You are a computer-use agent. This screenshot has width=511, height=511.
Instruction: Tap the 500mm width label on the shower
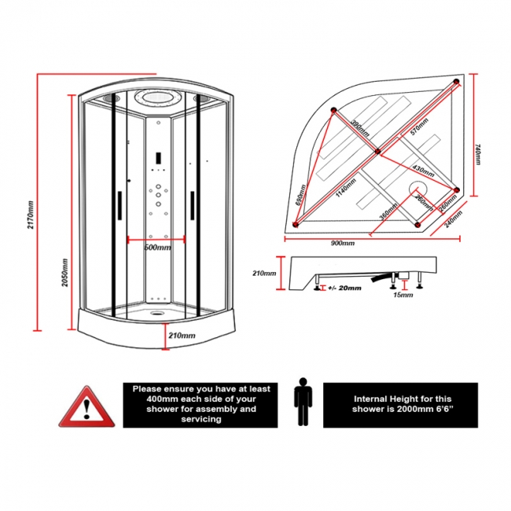pos(156,248)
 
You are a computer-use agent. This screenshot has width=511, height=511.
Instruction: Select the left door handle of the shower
pos(119,207)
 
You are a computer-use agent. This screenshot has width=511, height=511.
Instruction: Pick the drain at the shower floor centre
pos(158,310)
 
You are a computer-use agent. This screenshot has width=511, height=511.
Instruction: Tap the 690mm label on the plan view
pos(300,193)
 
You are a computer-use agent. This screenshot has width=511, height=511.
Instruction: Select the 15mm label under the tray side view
pos(401,296)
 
